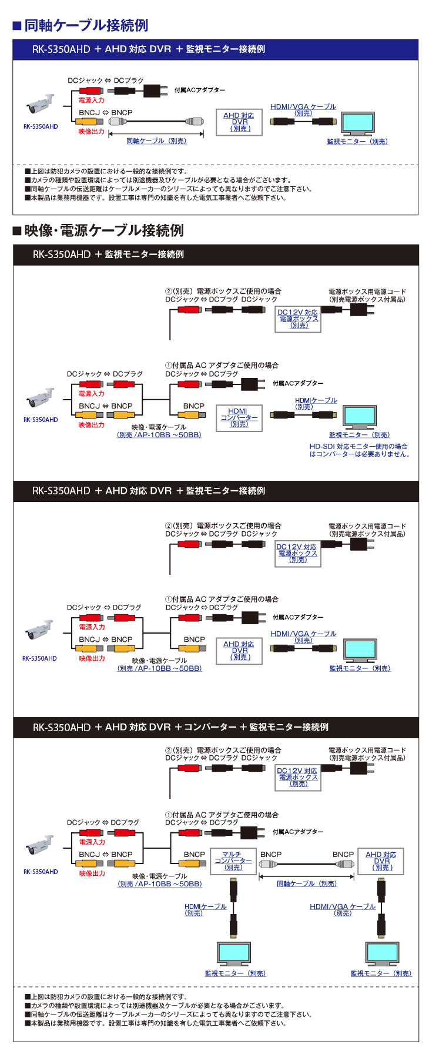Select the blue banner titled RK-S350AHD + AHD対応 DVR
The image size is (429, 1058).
(215, 49)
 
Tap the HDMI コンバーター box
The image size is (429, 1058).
(239, 418)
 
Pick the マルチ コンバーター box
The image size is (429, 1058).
(233, 861)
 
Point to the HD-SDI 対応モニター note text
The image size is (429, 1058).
(359, 450)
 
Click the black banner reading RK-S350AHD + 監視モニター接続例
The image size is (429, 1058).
(215, 255)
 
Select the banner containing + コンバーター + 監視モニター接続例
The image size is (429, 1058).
(215, 727)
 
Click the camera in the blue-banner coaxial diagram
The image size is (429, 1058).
(40, 106)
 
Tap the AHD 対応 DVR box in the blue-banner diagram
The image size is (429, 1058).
(239, 122)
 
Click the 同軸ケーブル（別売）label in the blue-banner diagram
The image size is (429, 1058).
(157, 141)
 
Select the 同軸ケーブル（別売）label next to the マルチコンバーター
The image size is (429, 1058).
(307, 883)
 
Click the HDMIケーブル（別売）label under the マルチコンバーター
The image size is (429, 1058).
(205, 909)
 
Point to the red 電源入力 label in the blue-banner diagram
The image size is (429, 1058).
(92, 101)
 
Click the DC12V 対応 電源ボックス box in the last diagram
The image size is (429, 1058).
(297, 777)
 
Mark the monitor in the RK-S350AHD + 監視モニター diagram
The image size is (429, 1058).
(359, 417)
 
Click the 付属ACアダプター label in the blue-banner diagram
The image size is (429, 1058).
(200, 90)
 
